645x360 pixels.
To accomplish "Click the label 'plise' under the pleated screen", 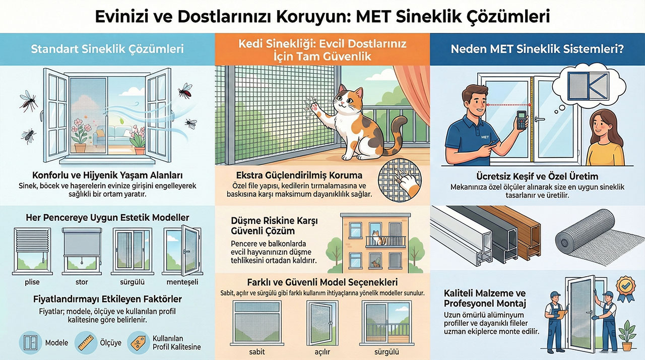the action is coord(32,282).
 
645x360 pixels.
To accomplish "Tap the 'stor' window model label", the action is coord(82,282).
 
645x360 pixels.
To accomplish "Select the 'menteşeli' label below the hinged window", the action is coord(182,282).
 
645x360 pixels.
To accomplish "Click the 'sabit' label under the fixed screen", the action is coord(257,351).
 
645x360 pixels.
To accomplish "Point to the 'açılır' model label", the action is coord(322,352).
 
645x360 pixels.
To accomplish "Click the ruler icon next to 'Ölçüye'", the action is coord(86,342).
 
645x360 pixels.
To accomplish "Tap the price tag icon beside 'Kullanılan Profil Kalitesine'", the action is coord(139,342).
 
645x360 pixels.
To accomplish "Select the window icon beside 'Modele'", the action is coord(31,342).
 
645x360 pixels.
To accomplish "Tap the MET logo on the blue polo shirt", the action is coord(485,137).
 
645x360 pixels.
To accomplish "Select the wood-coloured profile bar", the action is coord(515,230).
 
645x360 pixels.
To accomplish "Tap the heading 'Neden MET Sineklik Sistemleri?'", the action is coord(537,49).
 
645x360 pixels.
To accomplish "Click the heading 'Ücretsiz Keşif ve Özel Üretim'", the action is coord(537,176).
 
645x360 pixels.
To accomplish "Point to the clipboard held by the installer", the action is coord(560,314).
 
